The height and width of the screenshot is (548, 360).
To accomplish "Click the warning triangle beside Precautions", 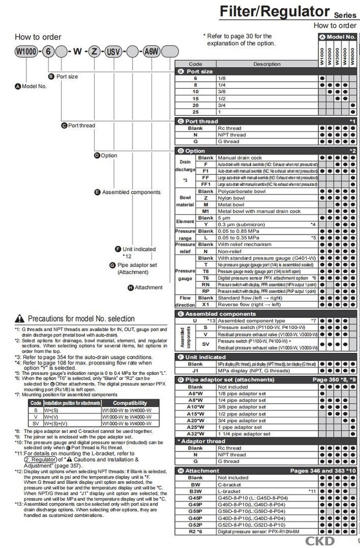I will click(20, 318).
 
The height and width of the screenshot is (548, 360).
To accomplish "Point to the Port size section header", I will click(199, 71).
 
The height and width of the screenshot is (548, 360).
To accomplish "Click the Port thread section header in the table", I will click(202, 121).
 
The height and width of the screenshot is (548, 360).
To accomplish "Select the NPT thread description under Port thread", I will click(232, 135).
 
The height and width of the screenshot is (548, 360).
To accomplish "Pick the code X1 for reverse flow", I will click(205, 304).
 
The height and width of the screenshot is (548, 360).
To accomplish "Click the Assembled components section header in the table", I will click(216, 313).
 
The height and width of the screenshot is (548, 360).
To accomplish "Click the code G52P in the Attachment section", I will click(195, 524).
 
